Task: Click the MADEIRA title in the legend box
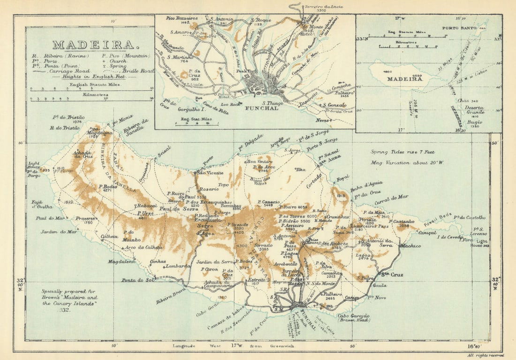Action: point(93,45)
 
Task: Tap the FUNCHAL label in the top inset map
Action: point(261,108)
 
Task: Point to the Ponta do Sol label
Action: point(138,280)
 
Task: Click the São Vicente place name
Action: point(207,173)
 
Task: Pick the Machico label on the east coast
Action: point(410,245)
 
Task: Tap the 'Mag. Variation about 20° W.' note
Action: point(401,162)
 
